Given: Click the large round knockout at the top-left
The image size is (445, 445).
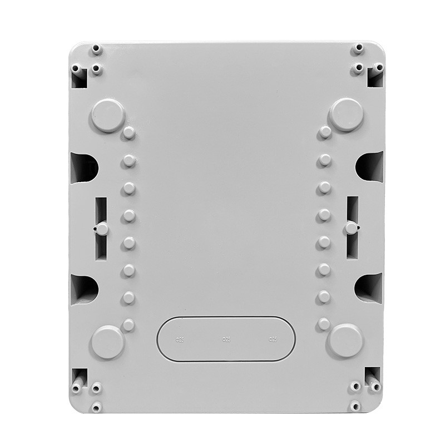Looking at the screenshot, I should [107, 115].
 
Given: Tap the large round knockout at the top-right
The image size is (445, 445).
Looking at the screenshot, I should [346, 115].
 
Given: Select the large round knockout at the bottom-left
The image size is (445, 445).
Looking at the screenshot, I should [107, 342].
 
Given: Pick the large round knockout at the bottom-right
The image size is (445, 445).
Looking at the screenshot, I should [345, 340].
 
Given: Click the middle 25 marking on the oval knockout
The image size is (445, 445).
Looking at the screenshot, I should [226, 339].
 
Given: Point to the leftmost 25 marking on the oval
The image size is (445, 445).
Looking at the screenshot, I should [179, 339].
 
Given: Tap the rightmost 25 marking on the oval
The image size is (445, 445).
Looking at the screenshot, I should [273, 339].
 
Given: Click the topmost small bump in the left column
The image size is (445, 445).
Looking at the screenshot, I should [129, 133].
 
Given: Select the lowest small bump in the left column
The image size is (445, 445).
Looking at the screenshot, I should [128, 324].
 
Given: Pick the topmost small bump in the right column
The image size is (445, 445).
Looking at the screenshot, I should [325, 132].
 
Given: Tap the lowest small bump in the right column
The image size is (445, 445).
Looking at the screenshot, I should [324, 324].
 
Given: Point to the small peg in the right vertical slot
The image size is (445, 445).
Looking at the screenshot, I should [351, 228].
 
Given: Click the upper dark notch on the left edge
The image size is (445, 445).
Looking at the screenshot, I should [84, 167].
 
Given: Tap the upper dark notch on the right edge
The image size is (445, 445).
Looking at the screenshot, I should [369, 166].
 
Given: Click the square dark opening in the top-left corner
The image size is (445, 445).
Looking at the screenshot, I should [79, 78].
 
